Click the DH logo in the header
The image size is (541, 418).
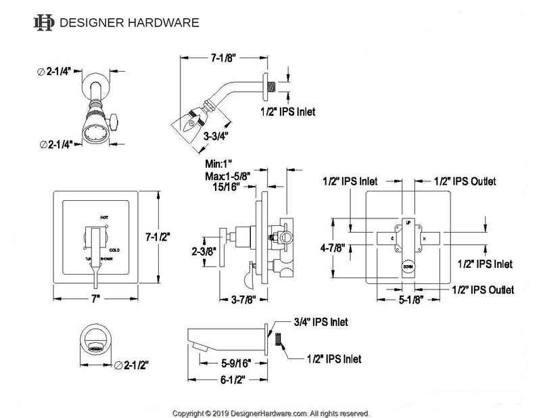tap(45, 22)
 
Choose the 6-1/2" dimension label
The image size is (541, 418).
tap(233, 381)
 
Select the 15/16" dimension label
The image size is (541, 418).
tap(227, 187)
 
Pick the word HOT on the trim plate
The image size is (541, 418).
tap(104, 218)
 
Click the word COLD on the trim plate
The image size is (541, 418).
tap(114, 248)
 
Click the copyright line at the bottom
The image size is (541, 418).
tap(270, 412)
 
